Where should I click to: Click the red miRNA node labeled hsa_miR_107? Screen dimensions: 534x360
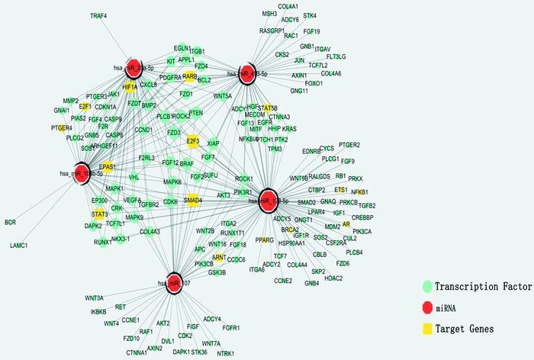[x=173, y=281]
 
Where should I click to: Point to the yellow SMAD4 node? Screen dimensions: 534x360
[x=194, y=200]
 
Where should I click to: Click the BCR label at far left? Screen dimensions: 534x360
[x=10, y=223]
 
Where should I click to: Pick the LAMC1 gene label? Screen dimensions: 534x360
[x=19, y=246]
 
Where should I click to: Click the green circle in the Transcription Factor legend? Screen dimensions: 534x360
[x=427, y=286]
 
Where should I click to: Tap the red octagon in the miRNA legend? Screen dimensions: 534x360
[x=427, y=307]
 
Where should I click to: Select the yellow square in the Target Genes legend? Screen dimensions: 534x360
[x=427, y=328]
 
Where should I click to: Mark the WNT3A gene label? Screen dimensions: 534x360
[x=95, y=297]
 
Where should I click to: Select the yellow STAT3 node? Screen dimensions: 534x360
[x=101, y=214]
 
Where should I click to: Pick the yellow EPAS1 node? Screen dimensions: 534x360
[x=108, y=166]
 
